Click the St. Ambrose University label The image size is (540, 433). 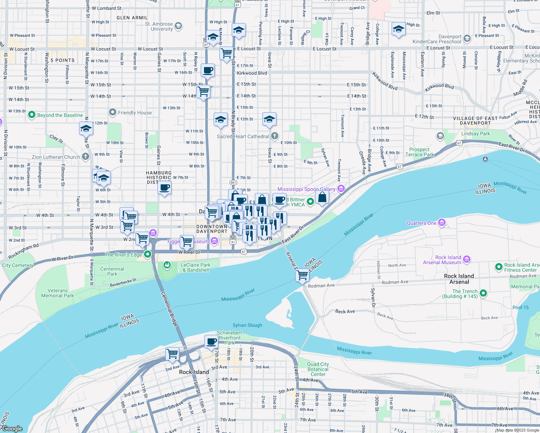[x=159, y=26]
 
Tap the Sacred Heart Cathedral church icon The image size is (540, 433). [x=275, y=136]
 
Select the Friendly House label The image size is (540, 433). [x=135, y=113]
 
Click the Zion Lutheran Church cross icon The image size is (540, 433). [x=86, y=157]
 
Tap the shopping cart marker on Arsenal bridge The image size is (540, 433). [x=302, y=276]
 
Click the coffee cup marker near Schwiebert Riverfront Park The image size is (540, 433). [x=211, y=341]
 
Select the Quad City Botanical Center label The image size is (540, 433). [x=318, y=369]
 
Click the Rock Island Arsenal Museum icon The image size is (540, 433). [x=467, y=259]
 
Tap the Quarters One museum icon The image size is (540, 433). [x=442, y=223]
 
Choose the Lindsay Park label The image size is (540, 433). [x=475, y=134]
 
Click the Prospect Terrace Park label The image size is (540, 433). [x=419, y=152]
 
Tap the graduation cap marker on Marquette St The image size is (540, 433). [x=86, y=128]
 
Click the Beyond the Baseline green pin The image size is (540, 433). [x=32, y=115]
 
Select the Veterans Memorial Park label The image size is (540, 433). [x=57, y=293]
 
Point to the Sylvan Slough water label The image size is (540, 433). [x=247, y=325]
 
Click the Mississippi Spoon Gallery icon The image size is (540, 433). [x=341, y=188]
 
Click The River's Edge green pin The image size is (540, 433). [x=148, y=254]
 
